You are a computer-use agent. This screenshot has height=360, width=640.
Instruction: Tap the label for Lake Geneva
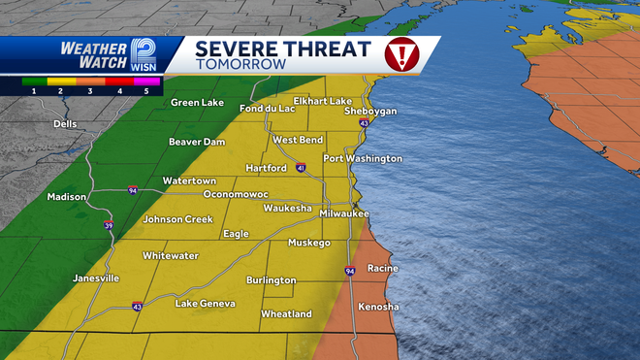[x=205, y=304]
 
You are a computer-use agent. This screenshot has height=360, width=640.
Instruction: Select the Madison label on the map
[x=67, y=197]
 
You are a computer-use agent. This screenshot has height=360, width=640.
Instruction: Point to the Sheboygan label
[x=370, y=111]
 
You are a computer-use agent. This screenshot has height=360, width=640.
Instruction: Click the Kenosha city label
[x=377, y=307]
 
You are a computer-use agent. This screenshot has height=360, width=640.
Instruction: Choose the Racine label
[x=383, y=268]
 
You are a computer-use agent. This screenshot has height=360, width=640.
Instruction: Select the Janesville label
[x=96, y=278]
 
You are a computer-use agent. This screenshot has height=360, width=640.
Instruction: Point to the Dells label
[x=66, y=124]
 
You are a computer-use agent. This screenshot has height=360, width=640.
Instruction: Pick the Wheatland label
[x=286, y=314]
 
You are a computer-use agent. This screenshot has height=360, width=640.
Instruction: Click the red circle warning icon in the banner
[x=400, y=55]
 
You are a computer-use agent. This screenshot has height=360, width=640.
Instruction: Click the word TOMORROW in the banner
[x=240, y=65]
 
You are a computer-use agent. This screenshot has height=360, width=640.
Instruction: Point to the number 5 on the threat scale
[x=146, y=89]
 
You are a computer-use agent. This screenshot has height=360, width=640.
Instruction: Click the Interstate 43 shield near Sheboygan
[x=364, y=124]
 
